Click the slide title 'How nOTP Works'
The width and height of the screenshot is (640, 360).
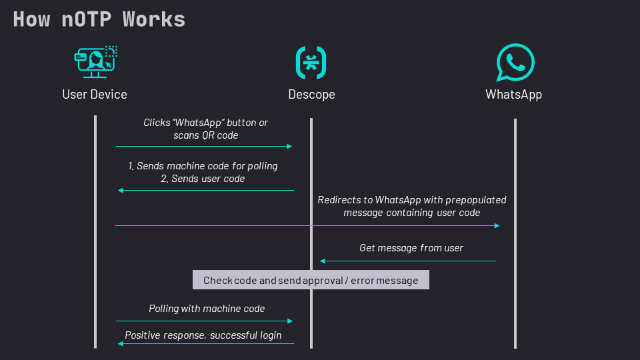[99, 19]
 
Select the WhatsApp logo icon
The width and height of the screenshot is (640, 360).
[515, 63]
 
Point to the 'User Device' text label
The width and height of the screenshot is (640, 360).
[95, 94]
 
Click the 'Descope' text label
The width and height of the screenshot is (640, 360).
[311, 94]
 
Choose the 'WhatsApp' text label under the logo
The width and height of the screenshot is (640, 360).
[513, 94]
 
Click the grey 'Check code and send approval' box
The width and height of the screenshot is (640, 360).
[311, 280]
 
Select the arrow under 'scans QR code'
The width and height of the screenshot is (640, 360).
[204, 146]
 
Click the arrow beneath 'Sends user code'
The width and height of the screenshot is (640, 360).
[206, 191]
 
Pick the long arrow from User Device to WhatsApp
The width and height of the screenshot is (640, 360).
[307, 226]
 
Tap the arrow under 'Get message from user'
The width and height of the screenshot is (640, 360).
[408, 261]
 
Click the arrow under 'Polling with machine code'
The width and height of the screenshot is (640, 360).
[204, 321]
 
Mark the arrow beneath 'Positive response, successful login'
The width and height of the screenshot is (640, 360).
[206, 343]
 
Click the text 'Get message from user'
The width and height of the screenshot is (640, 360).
[411, 248]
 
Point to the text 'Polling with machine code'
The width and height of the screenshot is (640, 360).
[207, 309]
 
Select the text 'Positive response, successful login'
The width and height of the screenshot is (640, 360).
[203, 335]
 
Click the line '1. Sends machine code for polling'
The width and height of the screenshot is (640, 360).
[203, 166]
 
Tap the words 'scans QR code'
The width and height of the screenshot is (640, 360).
[206, 135]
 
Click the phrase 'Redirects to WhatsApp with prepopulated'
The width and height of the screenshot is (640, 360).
[412, 200]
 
